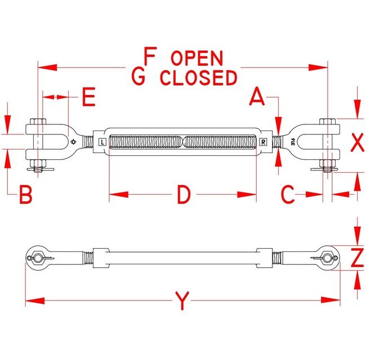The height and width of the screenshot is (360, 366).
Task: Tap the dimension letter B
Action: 25,195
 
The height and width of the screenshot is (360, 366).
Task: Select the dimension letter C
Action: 288,195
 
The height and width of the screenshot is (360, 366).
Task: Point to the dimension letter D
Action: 184,195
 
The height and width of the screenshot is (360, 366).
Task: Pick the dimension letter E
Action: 88,97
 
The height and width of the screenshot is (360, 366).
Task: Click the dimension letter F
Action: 149,57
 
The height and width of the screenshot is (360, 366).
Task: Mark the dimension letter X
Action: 357,143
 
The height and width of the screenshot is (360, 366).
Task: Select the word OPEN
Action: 197,58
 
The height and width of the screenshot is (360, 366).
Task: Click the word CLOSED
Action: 198,78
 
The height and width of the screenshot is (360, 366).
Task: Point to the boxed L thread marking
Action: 101,142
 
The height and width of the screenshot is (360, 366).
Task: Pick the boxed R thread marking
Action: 264,142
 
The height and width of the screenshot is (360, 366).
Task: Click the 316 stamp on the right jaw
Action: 293,142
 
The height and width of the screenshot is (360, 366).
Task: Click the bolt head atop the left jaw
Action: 38,121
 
